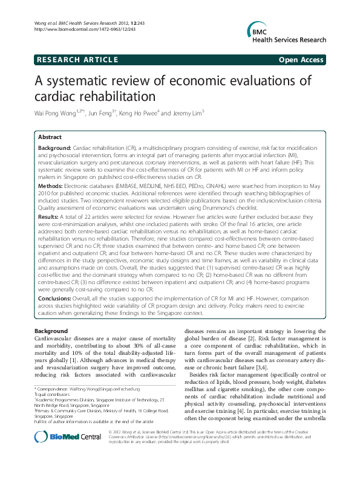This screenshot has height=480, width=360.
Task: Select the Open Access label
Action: (x=302, y=59)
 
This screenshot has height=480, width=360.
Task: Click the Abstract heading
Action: (x=50, y=138)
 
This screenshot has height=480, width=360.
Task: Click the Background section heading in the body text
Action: (x=51, y=332)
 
